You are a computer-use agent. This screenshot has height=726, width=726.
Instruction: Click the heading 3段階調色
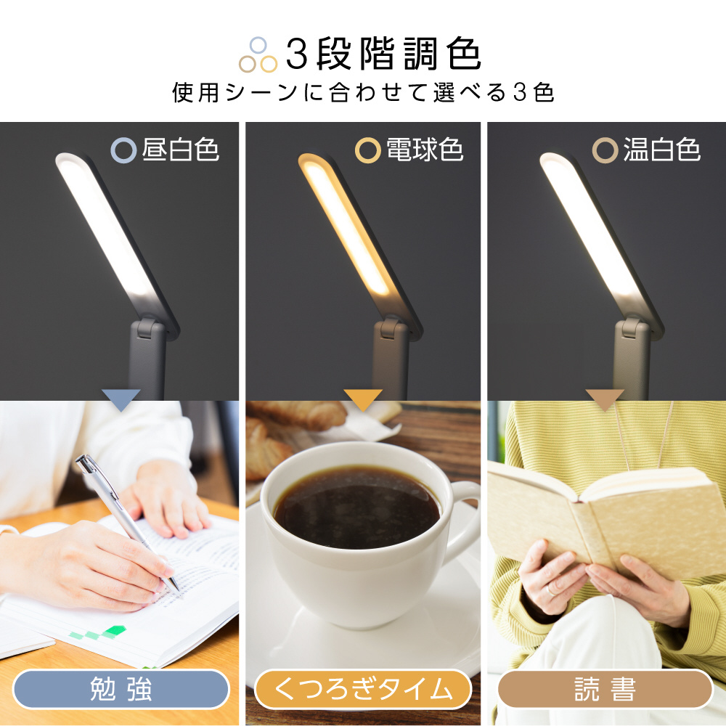[x=383, y=54]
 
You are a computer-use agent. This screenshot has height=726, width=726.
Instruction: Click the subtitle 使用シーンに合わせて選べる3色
[x=363, y=94]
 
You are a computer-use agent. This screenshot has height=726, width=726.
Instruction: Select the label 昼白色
[x=181, y=150]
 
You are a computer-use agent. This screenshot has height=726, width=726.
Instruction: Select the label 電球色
[x=424, y=150]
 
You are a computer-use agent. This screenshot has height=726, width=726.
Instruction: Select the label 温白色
[x=661, y=150]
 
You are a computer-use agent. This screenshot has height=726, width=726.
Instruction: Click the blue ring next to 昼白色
[x=123, y=150]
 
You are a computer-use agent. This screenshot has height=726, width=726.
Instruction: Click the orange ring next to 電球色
[x=367, y=150]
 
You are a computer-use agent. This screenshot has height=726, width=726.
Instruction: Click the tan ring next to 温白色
[x=605, y=150]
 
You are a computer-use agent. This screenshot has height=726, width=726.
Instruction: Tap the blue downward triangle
[x=121, y=399]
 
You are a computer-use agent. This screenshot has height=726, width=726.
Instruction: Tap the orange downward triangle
[x=362, y=399]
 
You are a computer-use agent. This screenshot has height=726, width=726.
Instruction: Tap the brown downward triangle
[x=604, y=399]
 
